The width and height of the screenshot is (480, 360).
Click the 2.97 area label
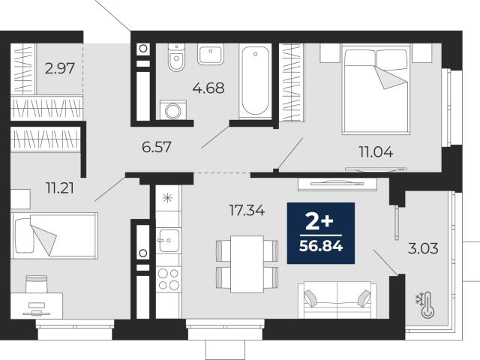click(60, 68)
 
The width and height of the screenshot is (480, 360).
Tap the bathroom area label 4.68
click(208, 88)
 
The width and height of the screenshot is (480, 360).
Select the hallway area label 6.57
click(157, 147)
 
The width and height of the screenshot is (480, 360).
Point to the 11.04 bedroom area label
click(376, 151)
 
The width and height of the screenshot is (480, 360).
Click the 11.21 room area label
click(60, 187)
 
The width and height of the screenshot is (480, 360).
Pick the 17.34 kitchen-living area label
click(247, 210)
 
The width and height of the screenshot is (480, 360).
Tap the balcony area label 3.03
click(423, 248)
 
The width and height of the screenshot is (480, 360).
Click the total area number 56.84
click(321, 246)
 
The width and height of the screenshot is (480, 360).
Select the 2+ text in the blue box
click(319, 222)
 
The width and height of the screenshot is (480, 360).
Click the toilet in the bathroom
click(176, 57)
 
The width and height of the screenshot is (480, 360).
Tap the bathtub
click(255, 80)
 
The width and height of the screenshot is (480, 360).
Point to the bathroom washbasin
click(211, 54)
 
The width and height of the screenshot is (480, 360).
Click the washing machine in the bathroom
click(173, 109)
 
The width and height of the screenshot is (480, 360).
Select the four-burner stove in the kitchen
click(168, 278)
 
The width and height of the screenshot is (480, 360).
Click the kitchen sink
click(169, 240)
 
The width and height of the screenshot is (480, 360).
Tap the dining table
click(247, 264)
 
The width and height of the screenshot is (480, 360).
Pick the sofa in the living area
click(337, 300)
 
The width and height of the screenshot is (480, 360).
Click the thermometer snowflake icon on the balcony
click(425, 305)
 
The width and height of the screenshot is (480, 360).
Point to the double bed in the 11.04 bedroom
click(376, 89)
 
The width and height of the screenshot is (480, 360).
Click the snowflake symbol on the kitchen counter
click(167, 198)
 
